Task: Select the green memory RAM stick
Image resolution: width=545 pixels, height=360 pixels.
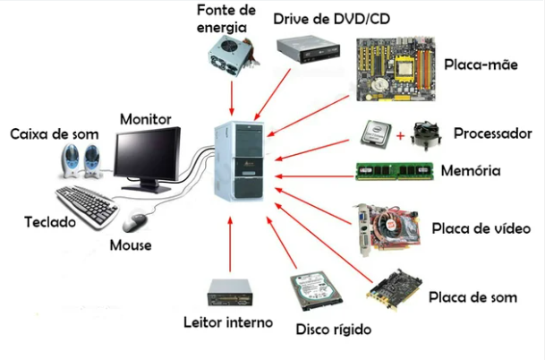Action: (x=395, y=171)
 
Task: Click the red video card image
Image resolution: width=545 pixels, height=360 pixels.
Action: (x=387, y=227)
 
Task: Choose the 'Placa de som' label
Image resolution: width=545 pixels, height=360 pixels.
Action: (x=472, y=296)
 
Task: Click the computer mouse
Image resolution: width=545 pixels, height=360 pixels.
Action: (x=136, y=219)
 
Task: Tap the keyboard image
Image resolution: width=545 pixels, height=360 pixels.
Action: (x=89, y=204)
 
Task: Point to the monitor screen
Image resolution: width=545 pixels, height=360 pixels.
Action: (x=148, y=153)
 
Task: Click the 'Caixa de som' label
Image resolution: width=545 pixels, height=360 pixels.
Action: (x=54, y=134)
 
